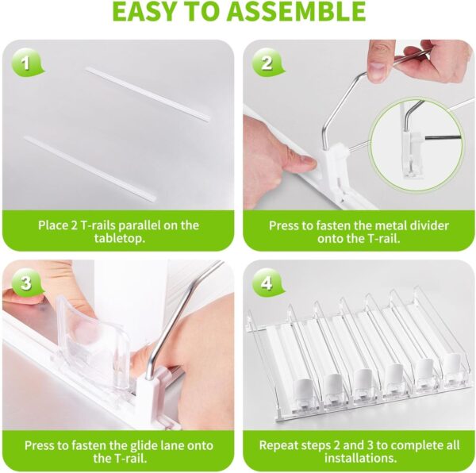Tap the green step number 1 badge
[x=27, y=63]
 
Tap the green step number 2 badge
[x=268, y=63]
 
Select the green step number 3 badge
[x=27, y=283]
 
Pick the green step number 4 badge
[x=268, y=283]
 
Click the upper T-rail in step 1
[x=148, y=94]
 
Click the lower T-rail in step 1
[x=90, y=168]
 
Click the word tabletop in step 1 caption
[x=118, y=238]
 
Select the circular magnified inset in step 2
[x=416, y=144]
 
